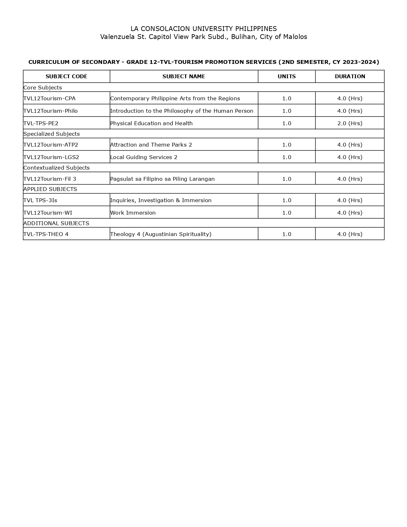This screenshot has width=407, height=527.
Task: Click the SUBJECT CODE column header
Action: pos(66,76)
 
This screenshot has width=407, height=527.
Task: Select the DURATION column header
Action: pos(350,76)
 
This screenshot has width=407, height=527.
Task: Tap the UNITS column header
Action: pos(287,76)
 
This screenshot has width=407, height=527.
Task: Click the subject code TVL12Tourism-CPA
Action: pos(49,98)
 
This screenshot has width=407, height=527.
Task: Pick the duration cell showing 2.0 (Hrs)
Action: pos(350,123)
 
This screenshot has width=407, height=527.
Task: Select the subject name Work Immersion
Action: pos(133,213)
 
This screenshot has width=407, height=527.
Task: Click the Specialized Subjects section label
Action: pos(51,134)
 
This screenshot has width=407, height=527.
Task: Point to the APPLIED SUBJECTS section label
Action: pos(50,189)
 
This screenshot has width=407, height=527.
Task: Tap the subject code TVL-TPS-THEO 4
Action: pos(46,234)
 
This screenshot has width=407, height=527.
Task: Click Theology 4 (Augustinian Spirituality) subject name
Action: pos(161,234)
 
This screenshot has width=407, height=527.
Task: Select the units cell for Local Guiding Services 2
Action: pos(287,157)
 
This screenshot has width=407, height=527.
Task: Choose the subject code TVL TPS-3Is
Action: pos(40,200)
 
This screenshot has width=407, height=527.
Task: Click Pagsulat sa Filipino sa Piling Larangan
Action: pos(162,179)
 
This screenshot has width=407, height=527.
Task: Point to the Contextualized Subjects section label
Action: pos(57,168)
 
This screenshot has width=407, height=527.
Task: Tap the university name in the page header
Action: pos(204,29)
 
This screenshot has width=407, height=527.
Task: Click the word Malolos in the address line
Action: pos(295,37)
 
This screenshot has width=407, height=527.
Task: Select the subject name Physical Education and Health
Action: pos(151,123)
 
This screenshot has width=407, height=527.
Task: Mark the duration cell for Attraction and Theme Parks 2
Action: pos(350,145)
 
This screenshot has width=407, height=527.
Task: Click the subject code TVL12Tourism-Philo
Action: pos(50,111)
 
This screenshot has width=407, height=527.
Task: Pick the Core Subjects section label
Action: pos(42,88)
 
